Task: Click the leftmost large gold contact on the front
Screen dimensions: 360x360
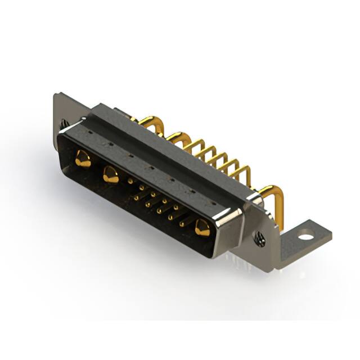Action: tap(82, 160)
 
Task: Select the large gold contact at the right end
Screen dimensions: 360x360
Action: tap(202, 228)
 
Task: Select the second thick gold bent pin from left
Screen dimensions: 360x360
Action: tap(177, 136)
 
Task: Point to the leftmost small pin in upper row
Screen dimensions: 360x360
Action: tap(131, 181)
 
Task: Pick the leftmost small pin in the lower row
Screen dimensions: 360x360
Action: tap(136, 196)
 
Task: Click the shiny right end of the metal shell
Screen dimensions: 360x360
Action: tap(231, 224)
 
